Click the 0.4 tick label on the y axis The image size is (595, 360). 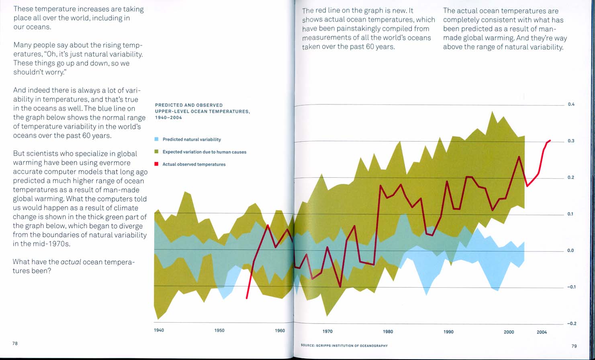click(571, 104)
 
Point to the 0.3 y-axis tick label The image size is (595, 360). click(571, 141)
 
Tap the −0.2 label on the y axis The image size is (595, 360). click(571, 323)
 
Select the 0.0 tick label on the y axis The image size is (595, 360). click(571, 251)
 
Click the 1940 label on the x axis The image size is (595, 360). click(159, 331)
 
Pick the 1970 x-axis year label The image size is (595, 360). click(327, 332)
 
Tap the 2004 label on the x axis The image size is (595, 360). click(542, 332)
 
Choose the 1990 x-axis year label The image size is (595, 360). click(448, 332)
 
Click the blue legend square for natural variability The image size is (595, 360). click(157, 139)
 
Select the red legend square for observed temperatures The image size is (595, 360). click(157, 164)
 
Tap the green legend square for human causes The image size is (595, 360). click(157, 152)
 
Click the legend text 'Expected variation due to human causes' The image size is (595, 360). click(204, 152)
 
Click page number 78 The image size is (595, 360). click(15, 344)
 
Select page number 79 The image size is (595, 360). click(574, 346)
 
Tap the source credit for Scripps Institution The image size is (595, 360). click(344, 346)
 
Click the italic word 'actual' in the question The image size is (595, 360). click(71, 262)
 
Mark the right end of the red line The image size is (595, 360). click(550, 141)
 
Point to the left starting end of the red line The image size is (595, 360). click(247, 298)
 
